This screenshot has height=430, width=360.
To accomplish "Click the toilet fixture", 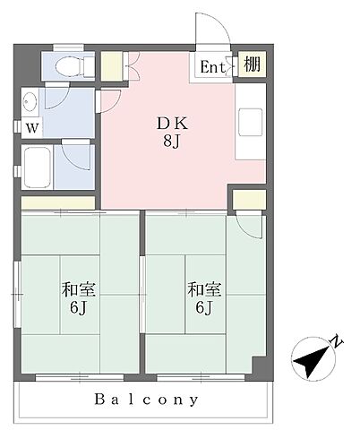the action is [74, 66].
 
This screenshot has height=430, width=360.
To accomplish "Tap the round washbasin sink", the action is [30, 101].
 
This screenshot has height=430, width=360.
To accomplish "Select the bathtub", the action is [37, 167].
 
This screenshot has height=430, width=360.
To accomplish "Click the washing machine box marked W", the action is [32, 128].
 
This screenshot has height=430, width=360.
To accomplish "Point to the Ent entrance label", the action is [212, 66].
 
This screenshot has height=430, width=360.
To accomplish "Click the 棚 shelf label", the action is [252, 64].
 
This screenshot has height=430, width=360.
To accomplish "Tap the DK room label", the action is [172, 124].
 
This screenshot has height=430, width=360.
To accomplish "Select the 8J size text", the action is [172, 141].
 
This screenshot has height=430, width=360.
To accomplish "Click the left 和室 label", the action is [78, 289].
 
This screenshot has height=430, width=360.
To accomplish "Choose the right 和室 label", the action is [204, 289].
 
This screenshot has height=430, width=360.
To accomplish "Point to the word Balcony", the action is [146, 400].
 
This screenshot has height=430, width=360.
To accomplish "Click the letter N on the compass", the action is [337, 341].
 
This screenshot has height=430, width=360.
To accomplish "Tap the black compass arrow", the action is [311, 360].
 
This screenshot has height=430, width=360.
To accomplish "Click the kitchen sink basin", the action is [250, 122].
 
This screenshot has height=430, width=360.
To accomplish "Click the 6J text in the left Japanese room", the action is [78, 307].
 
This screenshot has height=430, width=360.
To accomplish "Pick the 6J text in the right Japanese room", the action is [204, 307].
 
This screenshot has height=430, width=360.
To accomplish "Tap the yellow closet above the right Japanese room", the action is [249, 200].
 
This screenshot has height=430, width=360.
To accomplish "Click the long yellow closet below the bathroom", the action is [58, 202].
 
